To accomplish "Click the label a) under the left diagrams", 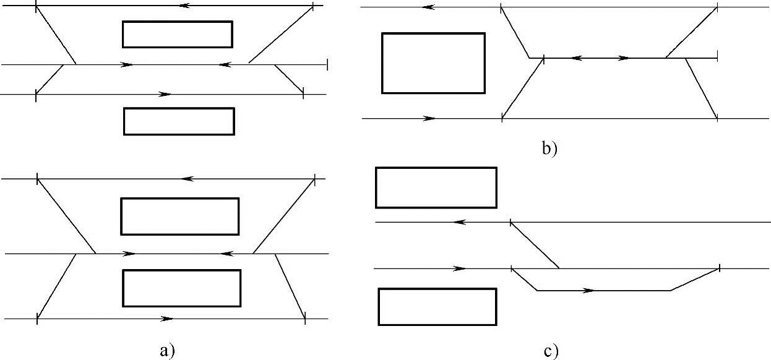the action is click(x=164, y=351).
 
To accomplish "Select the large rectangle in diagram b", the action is click(x=433, y=63).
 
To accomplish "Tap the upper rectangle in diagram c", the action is click(x=436, y=187).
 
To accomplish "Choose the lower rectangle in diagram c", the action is click(x=437, y=306).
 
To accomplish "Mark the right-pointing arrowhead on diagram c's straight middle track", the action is click(x=460, y=268).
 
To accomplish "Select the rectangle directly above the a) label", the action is click(x=181, y=288).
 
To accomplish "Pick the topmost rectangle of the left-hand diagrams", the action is click(x=177, y=34).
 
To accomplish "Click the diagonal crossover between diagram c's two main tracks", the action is click(x=535, y=244).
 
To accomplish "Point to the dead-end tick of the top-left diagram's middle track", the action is click(x=327, y=64).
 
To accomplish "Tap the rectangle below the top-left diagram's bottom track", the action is click(x=179, y=121).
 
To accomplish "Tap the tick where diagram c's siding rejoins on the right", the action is click(x=719, y=268).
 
